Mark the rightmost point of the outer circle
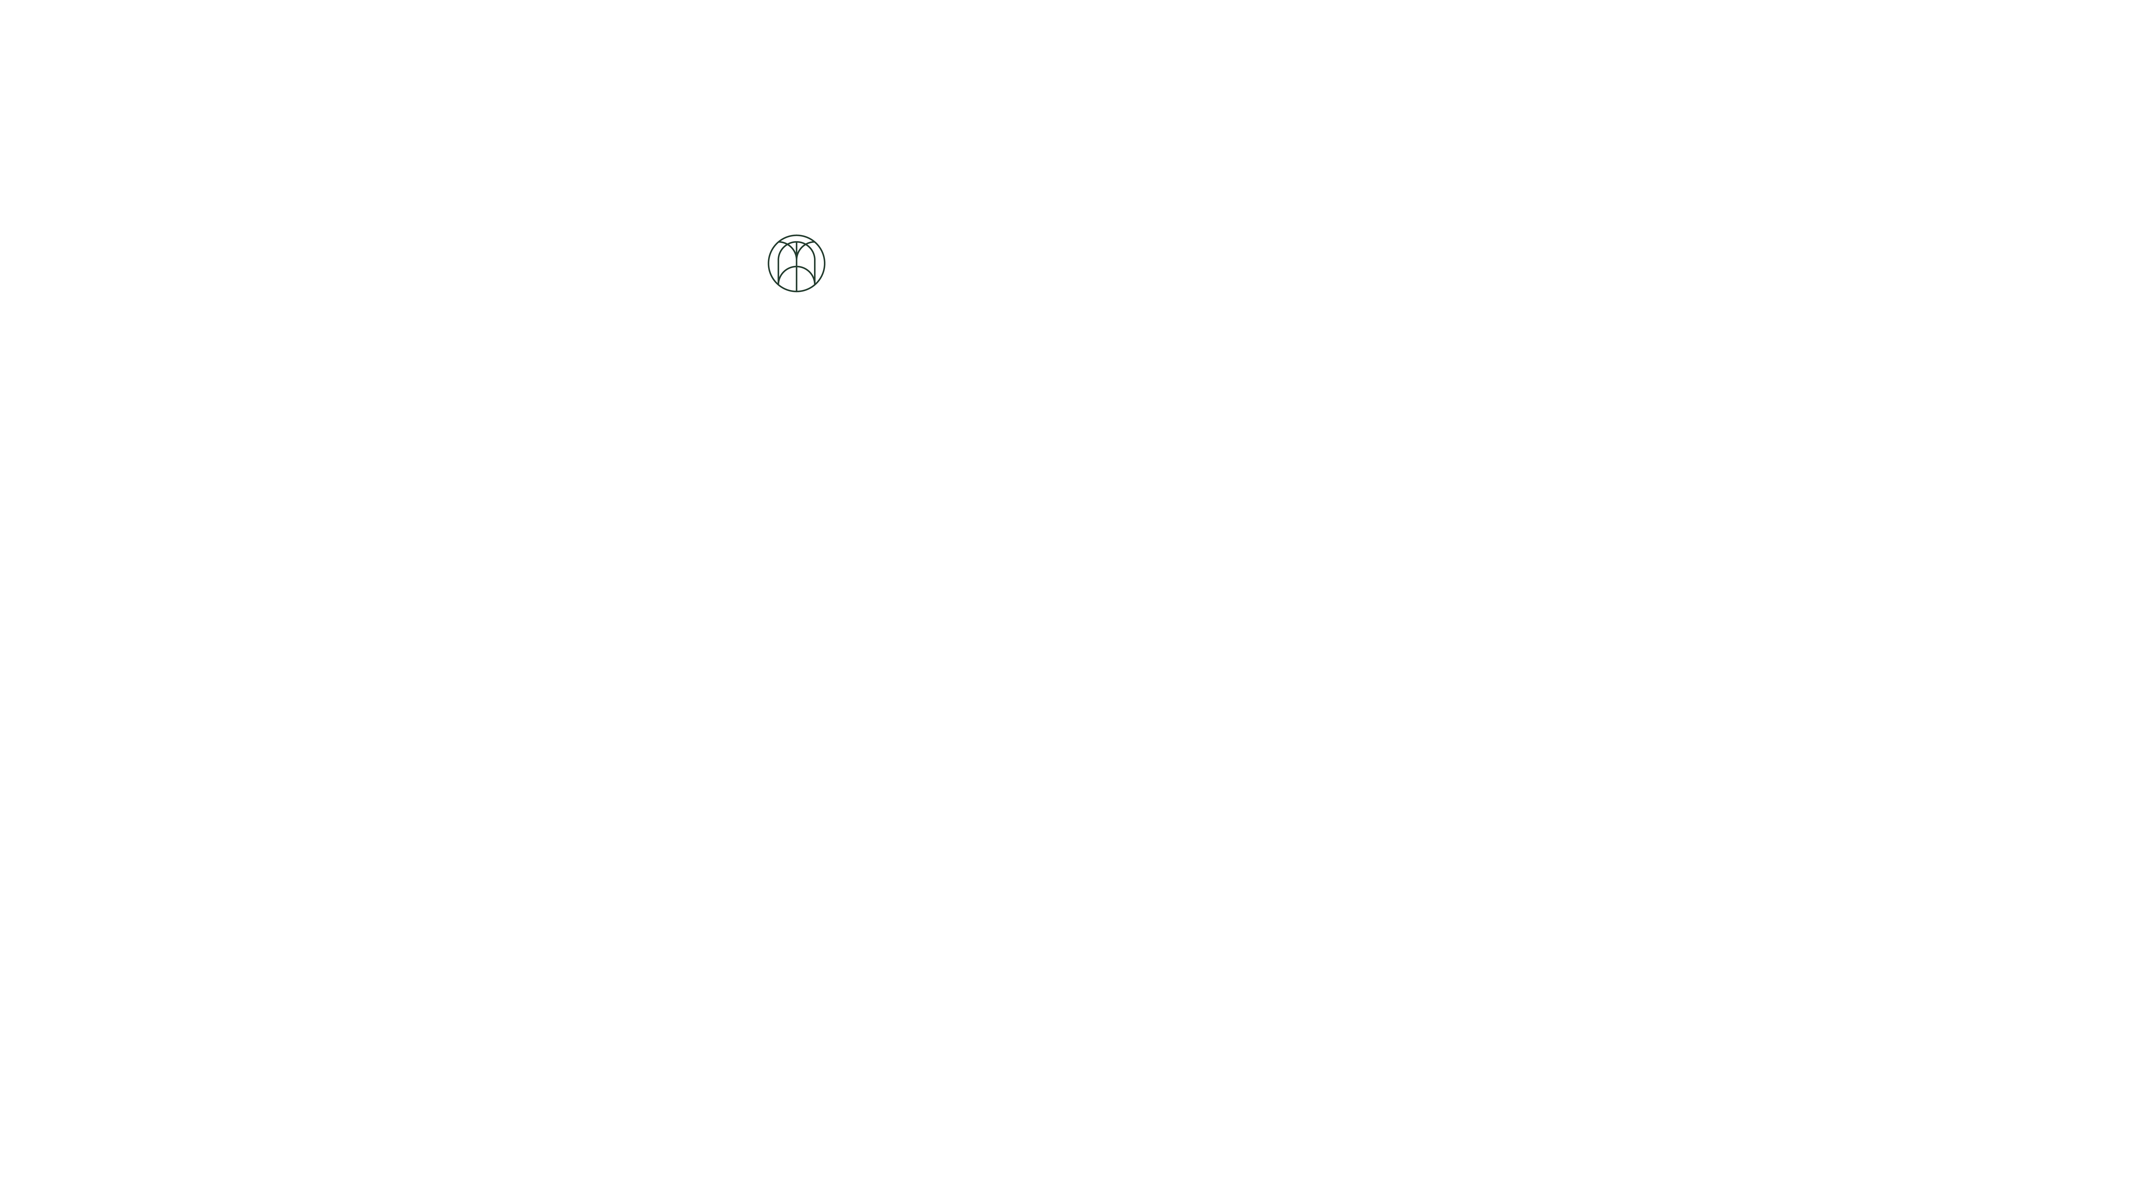point(825,263)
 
